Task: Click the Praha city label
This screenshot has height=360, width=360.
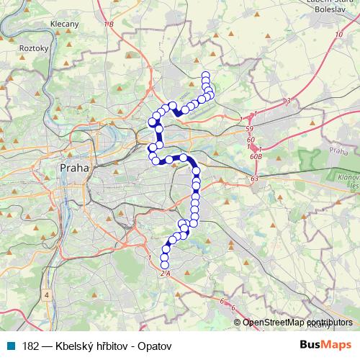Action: pos(73,167)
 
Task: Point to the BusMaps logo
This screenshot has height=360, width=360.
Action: pos(325,345)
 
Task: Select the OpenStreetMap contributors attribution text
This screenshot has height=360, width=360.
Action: pos(297,323)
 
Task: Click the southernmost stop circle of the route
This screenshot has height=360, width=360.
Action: pos(164,266)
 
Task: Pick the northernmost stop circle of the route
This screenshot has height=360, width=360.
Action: pos(206,75)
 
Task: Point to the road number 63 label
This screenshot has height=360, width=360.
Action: pos(254,178)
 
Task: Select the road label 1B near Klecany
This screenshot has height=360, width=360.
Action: pos(109,25)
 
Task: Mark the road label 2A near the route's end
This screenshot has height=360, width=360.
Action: pos(164,274)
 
